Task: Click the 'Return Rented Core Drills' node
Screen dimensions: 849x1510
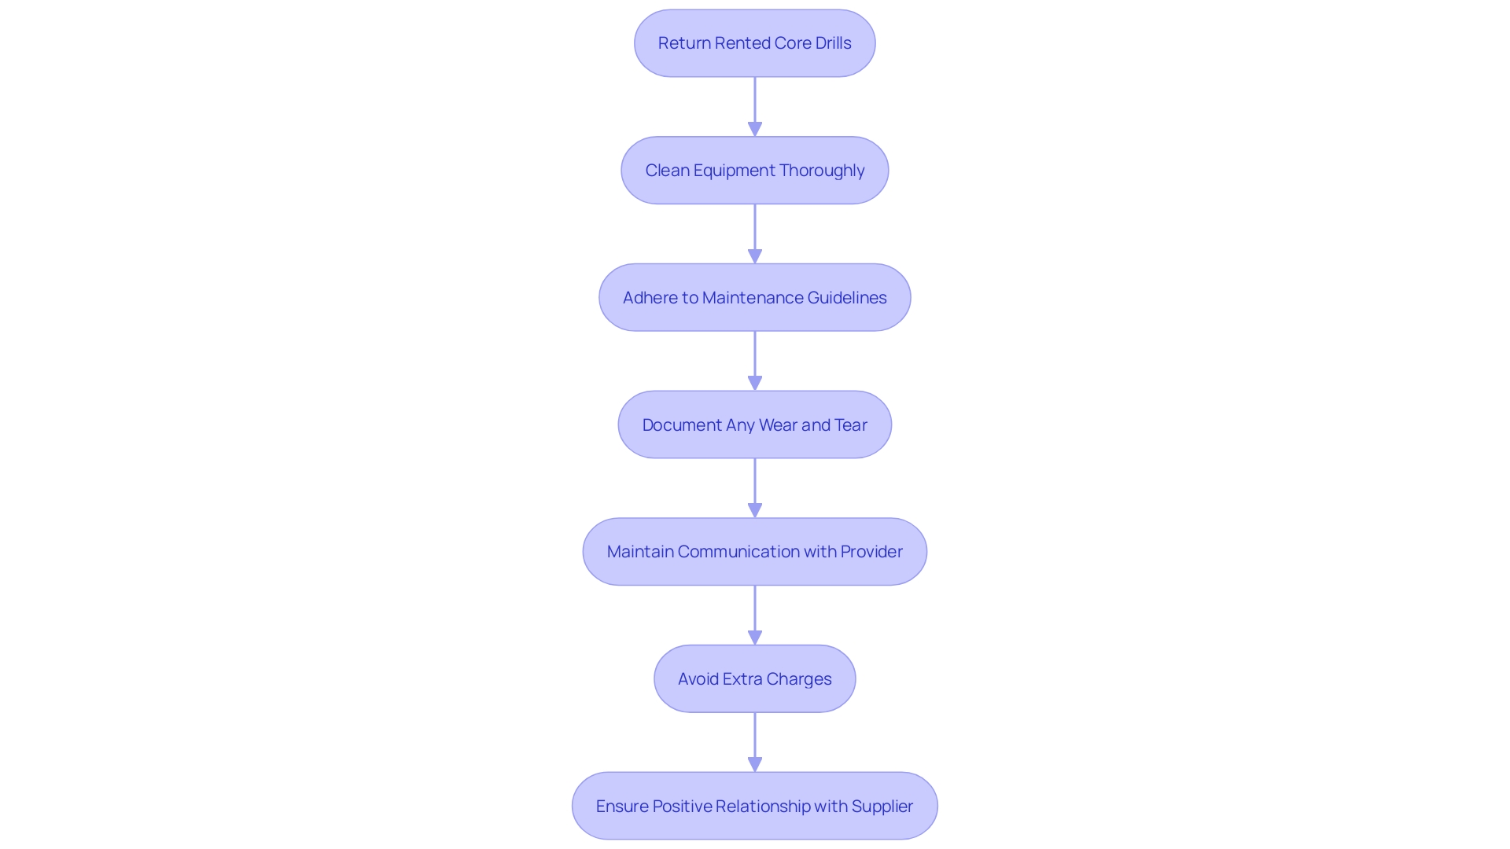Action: tap(754, 43)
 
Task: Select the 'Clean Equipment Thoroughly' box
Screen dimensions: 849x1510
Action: tap(754, 171)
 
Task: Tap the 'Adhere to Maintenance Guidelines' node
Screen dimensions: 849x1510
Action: tap(754, 297)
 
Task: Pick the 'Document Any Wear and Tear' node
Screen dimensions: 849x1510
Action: tap(754, 424)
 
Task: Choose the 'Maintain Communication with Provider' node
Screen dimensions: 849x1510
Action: tap(754, 552)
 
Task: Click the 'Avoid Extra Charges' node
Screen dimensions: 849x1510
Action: tap(754, 678)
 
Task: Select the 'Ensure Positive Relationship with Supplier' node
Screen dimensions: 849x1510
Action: tap(754, 806)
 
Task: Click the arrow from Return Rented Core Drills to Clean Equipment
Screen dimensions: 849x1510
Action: tap(755, 106)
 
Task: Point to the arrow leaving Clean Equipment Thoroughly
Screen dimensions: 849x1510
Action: tap(755, 233)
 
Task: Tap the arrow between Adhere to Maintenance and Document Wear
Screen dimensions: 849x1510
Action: tap(755, 360)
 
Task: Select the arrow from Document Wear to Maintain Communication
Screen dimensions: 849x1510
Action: tap(755, 487)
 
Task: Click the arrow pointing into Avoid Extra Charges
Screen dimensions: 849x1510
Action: tap(755, 615)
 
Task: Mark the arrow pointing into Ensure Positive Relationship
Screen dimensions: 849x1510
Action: tap(755, 741)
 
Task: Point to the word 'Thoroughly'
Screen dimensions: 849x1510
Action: tap(822, 171)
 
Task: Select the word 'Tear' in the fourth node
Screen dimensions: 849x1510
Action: tap(851, 425)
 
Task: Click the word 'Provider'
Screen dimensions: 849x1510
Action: tap(871, 552)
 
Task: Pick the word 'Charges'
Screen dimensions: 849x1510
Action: tap(799, 679)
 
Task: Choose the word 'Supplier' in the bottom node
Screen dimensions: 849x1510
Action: tap(882, 807)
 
